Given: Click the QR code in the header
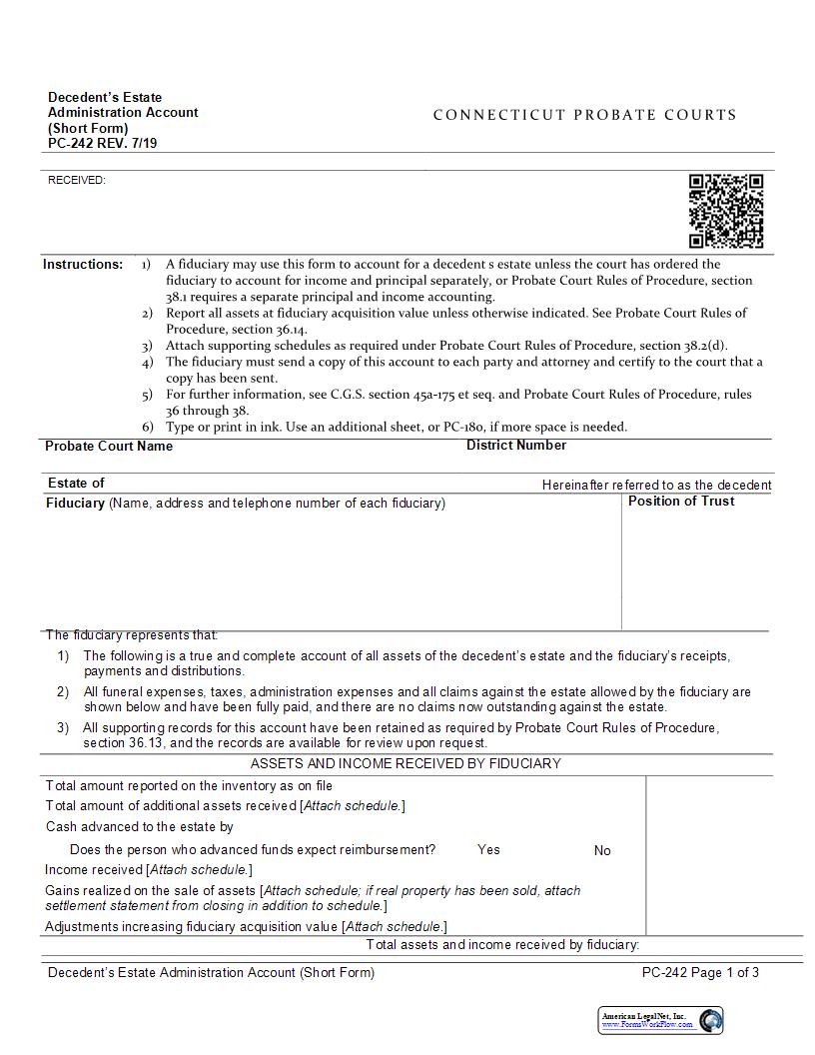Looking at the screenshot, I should [x=726, y=211].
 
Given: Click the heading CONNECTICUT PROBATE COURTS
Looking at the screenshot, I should [x=584, y=115].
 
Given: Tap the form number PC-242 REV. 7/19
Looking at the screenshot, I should [x=102, y=143].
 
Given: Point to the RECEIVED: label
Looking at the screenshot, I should [x=77, y=180].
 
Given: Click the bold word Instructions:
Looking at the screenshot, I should [x=83, y=265].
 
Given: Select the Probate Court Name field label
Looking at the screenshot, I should [x=109, y=447].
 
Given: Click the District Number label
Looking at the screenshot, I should [x=515, y=446].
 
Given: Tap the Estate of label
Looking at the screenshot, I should [x=76, y=484].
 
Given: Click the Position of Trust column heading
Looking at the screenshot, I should [x=680, y=502].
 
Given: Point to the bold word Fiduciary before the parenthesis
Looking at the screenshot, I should [x=75, y=504].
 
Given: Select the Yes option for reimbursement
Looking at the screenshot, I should [x=488, y=850].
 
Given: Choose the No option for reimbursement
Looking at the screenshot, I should [x=602, y=851].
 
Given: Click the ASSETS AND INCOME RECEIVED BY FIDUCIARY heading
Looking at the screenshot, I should [x=406, y=764].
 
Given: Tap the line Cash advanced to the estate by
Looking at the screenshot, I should [x=140, y=827].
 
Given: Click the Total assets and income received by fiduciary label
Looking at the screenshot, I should [x=502, y=945].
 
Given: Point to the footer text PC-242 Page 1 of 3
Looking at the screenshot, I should [x=700, y=973].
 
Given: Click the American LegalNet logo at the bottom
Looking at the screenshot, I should [x=660, y=1020].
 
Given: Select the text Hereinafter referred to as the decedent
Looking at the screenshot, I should [x=656, y=485].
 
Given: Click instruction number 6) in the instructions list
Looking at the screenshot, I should [x=147, y=427].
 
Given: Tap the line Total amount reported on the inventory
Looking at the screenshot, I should [x=189, y=786].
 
